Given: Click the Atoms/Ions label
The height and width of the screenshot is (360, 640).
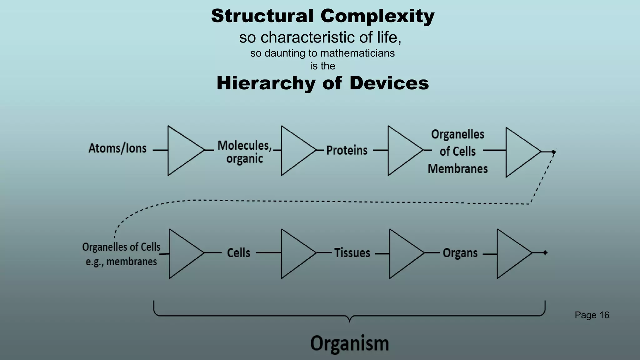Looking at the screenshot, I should [x=117, y=148].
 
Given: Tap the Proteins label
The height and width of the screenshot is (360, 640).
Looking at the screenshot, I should [x=347, y=151].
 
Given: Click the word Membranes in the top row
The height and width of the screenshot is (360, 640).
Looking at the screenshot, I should [x=457, y=169].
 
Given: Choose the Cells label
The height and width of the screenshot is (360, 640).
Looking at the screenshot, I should [x=238, y=253].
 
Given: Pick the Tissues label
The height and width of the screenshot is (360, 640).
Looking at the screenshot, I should [x=352, y=253].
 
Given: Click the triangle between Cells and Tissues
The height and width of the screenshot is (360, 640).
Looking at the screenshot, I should [x=295, y=253].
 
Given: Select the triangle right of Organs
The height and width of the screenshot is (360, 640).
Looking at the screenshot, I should [x=511, y=253].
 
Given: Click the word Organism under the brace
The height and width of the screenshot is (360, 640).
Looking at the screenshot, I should [x=349, y=343].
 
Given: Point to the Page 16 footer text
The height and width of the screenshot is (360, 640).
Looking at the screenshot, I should [x=592, y=315].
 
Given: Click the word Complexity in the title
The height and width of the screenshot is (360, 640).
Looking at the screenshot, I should [x=377, y=16].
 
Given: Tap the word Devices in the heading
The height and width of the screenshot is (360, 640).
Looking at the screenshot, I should [x=389, y=83].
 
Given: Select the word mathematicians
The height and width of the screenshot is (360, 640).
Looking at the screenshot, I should [x=357, y=53].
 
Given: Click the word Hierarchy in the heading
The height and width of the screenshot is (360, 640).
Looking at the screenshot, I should [x=266, y=83].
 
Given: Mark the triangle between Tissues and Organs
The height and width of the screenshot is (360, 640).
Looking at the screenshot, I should [x=403, y=253].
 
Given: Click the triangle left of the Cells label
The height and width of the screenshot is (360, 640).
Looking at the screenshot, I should [x=183, y=253].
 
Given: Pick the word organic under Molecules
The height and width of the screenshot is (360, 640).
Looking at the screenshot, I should [x=244, y=159].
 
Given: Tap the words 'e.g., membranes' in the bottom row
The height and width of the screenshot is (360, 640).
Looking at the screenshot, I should [x=121, y=262].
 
